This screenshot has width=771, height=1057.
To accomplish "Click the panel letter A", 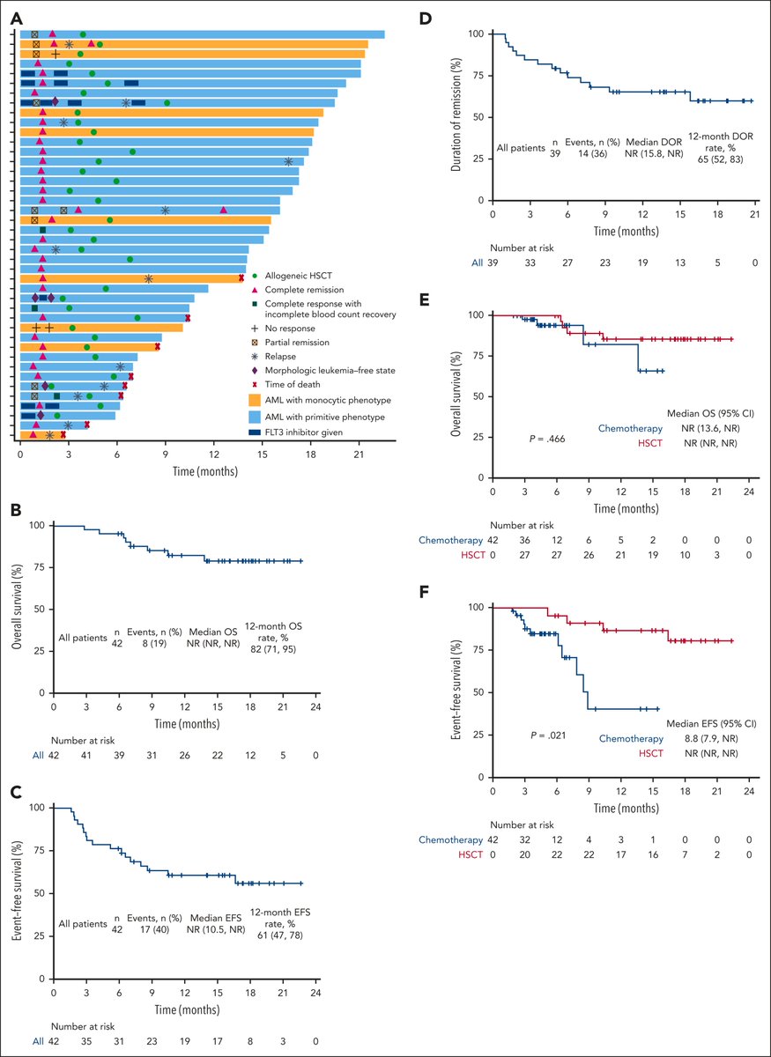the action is point(16,18).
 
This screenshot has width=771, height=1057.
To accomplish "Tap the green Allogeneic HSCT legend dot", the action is point(255,276).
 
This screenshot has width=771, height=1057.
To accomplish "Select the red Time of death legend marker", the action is point(255,385).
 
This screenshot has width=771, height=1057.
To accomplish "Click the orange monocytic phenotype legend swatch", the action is point(255,400).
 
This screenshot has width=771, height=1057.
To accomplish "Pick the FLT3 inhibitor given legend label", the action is point(304,432).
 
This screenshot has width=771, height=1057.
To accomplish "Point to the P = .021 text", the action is point(548,735).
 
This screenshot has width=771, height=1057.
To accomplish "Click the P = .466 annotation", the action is point(547,439).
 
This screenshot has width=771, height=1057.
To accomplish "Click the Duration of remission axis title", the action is point(456,115).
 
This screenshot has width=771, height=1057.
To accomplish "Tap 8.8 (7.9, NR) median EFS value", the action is point(711,738).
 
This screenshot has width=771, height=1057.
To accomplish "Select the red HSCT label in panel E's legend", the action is point(650,443).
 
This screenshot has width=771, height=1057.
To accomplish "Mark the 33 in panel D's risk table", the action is point(530,262).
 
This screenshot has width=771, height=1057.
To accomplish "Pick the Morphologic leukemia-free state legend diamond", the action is point(255,371).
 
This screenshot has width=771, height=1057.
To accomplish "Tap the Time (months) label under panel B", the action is point(187,723).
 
